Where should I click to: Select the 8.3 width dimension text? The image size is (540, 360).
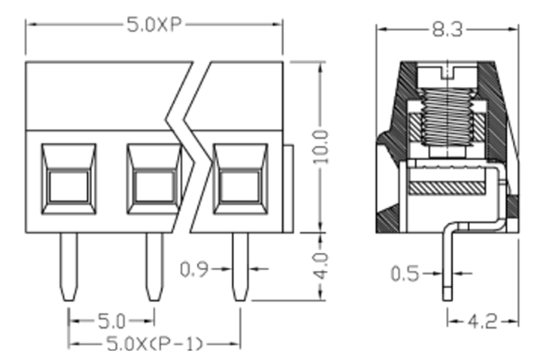point(446,30)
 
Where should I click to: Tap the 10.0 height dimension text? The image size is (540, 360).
point(321,147)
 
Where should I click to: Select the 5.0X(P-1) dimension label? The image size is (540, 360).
point(155,344)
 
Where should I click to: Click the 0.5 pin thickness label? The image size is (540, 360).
point(408,273)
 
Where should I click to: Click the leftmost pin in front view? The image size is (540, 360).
point(68,267)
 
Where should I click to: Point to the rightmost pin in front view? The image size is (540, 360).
point(239,267)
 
